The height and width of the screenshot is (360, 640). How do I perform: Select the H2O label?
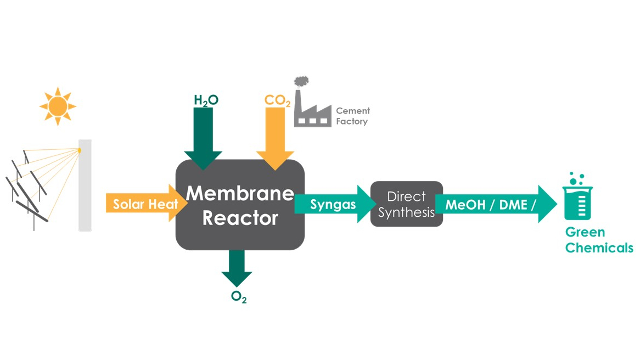pyautogui.click(x=206, y=100)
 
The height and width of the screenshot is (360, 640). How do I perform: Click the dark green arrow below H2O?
pyautogui.click(x=203, y=137)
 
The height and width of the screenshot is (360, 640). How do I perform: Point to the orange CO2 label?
pyautogui.click(x=277, y=100)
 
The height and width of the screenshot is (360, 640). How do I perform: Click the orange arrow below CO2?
pyautogui.click(x=275, y=137)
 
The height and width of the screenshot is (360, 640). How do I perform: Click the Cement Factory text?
pyautogui.click(x=352, y=116)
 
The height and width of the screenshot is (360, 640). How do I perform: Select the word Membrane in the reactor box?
pyautogui.click(x=240, y=193)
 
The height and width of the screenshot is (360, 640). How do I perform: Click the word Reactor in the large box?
pyautogui.click(x=240, y=218)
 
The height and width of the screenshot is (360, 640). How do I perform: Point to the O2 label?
pyautogui.click(x=238, y=297)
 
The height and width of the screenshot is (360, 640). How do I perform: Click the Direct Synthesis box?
pyautogui.click(x=406, y=204)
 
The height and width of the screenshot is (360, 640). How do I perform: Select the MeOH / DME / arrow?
pyautogui.click(x=494, y=205)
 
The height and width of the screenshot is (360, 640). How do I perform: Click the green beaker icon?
pyautogui.click(x=577, y=196)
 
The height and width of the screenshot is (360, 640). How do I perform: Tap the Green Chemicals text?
pyautogui.click(x=599, y=240)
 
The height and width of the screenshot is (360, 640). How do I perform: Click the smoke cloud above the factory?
pyautogui.click(x=301, y=82)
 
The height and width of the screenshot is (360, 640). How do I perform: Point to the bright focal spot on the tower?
pyautogui.click(x=79, y=150)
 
